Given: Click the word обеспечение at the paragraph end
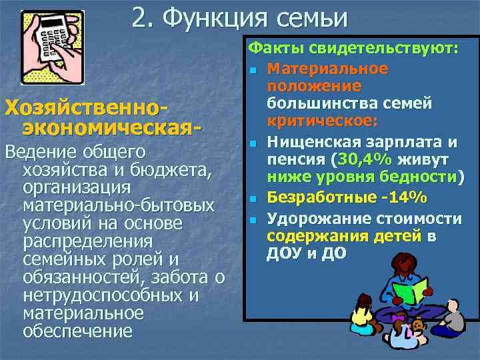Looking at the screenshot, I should [77, 331].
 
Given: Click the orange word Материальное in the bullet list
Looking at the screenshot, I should [327, 69].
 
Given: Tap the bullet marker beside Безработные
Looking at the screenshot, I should [254, 199].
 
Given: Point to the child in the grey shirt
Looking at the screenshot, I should [453, 317].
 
